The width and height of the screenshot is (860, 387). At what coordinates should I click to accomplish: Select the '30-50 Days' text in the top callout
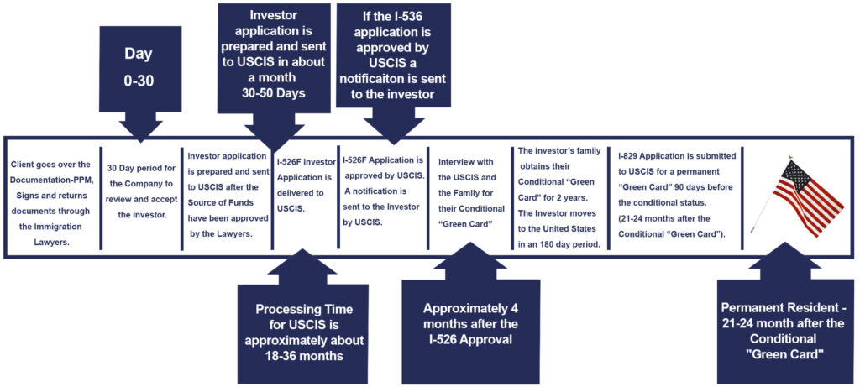tap(274, 92)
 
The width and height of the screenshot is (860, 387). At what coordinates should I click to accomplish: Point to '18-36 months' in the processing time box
tap(301, 355)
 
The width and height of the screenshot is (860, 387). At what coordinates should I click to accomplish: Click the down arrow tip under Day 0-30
tap(140, 143)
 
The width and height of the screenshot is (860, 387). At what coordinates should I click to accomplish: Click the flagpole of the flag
tap(771, 196)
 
